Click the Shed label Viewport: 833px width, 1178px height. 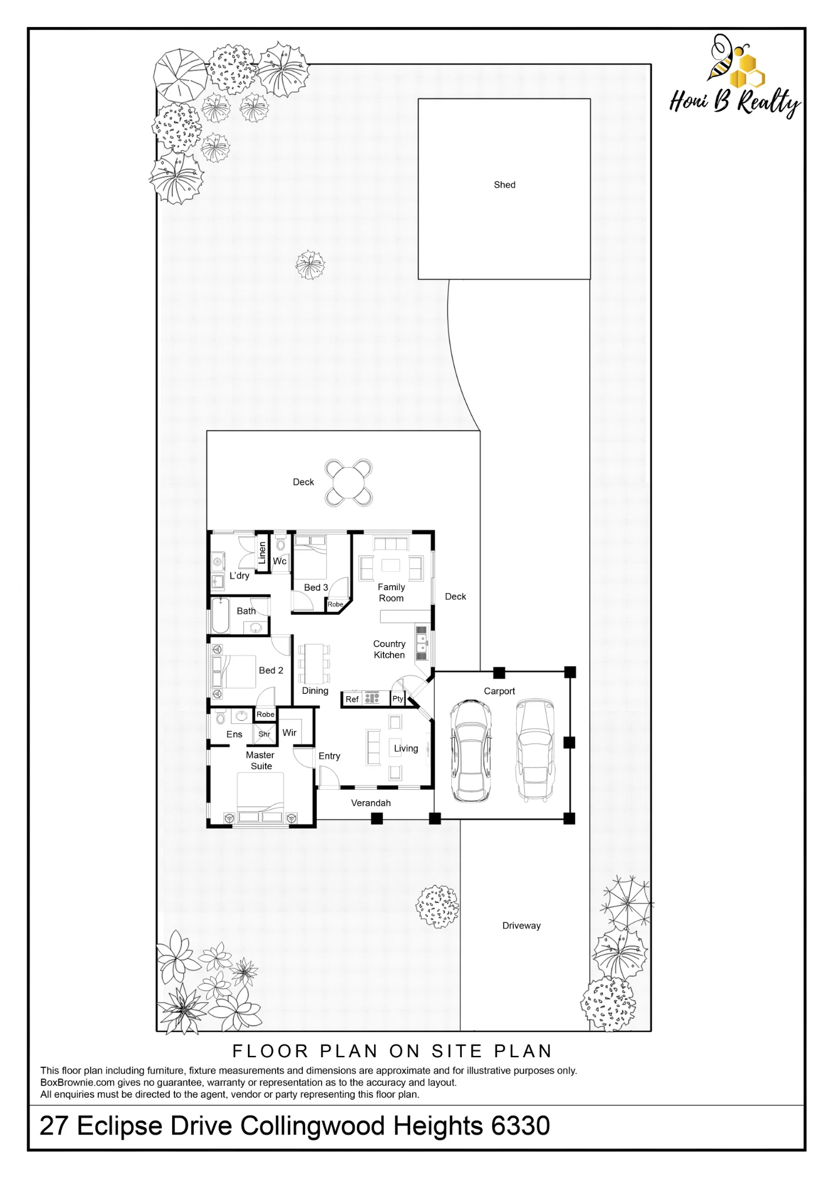coord(504,185)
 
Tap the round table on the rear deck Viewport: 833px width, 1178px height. coord(349,483)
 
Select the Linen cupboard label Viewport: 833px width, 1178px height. coord(262,553)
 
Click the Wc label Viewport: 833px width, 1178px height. coord(280,561)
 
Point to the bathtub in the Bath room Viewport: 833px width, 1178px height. coord(222,615)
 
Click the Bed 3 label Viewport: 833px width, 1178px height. coord(316,587)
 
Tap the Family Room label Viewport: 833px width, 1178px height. coord(391,593)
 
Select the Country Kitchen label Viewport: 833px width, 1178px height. coord(389,649)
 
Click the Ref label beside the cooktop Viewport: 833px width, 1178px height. coord(352,699)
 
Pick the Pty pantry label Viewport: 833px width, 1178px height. coord(398,699)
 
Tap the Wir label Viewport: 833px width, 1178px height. coord(289,733)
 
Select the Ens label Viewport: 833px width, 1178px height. coord(234,734)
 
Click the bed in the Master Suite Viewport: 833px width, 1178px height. coord(260,798)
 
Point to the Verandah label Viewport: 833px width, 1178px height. coord(371,803)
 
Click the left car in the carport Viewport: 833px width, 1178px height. coord(470,751)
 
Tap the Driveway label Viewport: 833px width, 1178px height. coord(521,925)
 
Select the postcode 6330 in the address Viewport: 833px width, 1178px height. coord(521,1126)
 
